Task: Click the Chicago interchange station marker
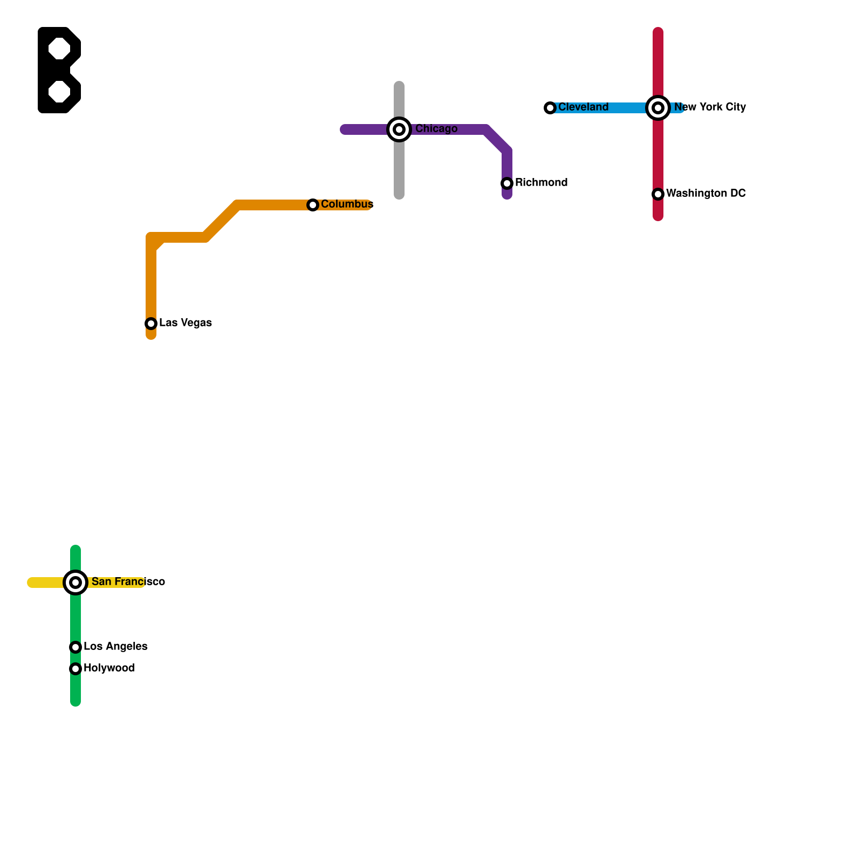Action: point(399,129)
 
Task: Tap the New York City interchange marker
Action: point(658,108)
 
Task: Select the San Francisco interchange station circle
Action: point(76,583)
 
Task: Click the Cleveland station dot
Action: point(550,108)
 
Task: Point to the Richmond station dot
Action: point(507,183)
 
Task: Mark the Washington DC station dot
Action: point(658,194)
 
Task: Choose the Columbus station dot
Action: point(313,205)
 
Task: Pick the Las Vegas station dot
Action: point(151,324)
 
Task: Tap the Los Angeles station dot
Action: point(76,647)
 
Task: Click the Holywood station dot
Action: point(76,669)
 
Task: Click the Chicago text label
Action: point(436,129)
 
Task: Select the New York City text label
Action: point(710,107)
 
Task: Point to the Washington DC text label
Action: point(706,194)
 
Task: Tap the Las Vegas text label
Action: point(186,323)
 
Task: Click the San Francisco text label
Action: point(128,582)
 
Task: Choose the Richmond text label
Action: point(541,183)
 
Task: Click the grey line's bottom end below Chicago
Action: point(399,195)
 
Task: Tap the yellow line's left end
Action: point(32,583)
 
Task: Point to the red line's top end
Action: point(658,32)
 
